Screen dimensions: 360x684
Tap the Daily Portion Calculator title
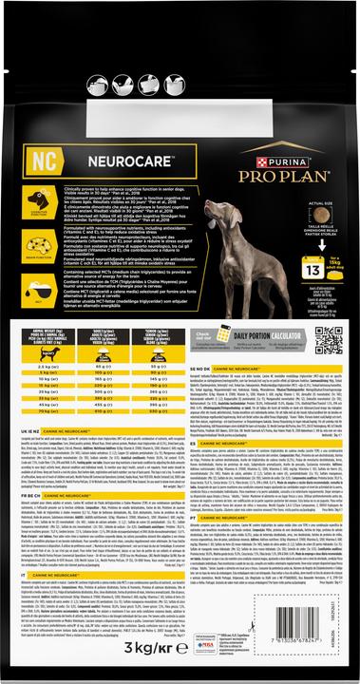(262, 338)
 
